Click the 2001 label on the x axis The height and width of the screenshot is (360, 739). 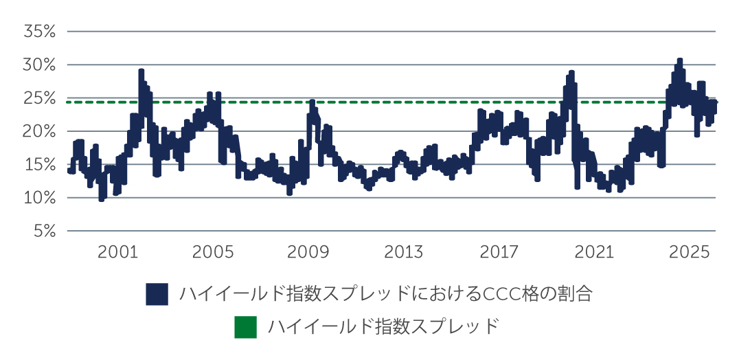(119, 253)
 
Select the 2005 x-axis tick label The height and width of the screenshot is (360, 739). (214, 253)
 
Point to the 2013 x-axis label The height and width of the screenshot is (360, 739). (404, 253)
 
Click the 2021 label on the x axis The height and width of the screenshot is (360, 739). (594, 253)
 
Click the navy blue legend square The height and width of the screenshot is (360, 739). (157, 293)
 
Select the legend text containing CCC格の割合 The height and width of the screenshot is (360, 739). (385, 293)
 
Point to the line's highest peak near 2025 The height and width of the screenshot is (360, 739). (679, 60)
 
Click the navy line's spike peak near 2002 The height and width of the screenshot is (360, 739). (141, 71)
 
